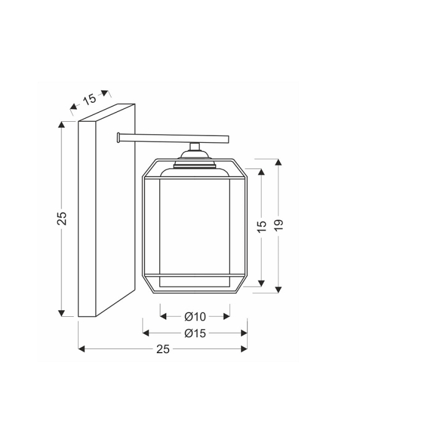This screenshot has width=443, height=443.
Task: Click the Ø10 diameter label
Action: coord(195,316)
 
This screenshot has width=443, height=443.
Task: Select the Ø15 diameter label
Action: coord(195,333)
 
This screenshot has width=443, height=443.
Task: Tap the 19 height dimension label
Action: coord(279,225)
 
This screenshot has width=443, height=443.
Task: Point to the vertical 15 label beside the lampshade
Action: coord(261,226)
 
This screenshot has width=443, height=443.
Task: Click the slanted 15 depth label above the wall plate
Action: coord(89,99)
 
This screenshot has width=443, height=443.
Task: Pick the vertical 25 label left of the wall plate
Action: coord(62,218)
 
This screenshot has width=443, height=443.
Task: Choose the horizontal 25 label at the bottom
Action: coord(162,349)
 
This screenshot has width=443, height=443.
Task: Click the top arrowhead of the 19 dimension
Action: coord(279,162)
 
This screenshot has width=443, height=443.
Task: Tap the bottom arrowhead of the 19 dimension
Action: coord(279,289)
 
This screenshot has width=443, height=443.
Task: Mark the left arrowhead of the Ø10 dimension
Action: coord(163,316)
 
